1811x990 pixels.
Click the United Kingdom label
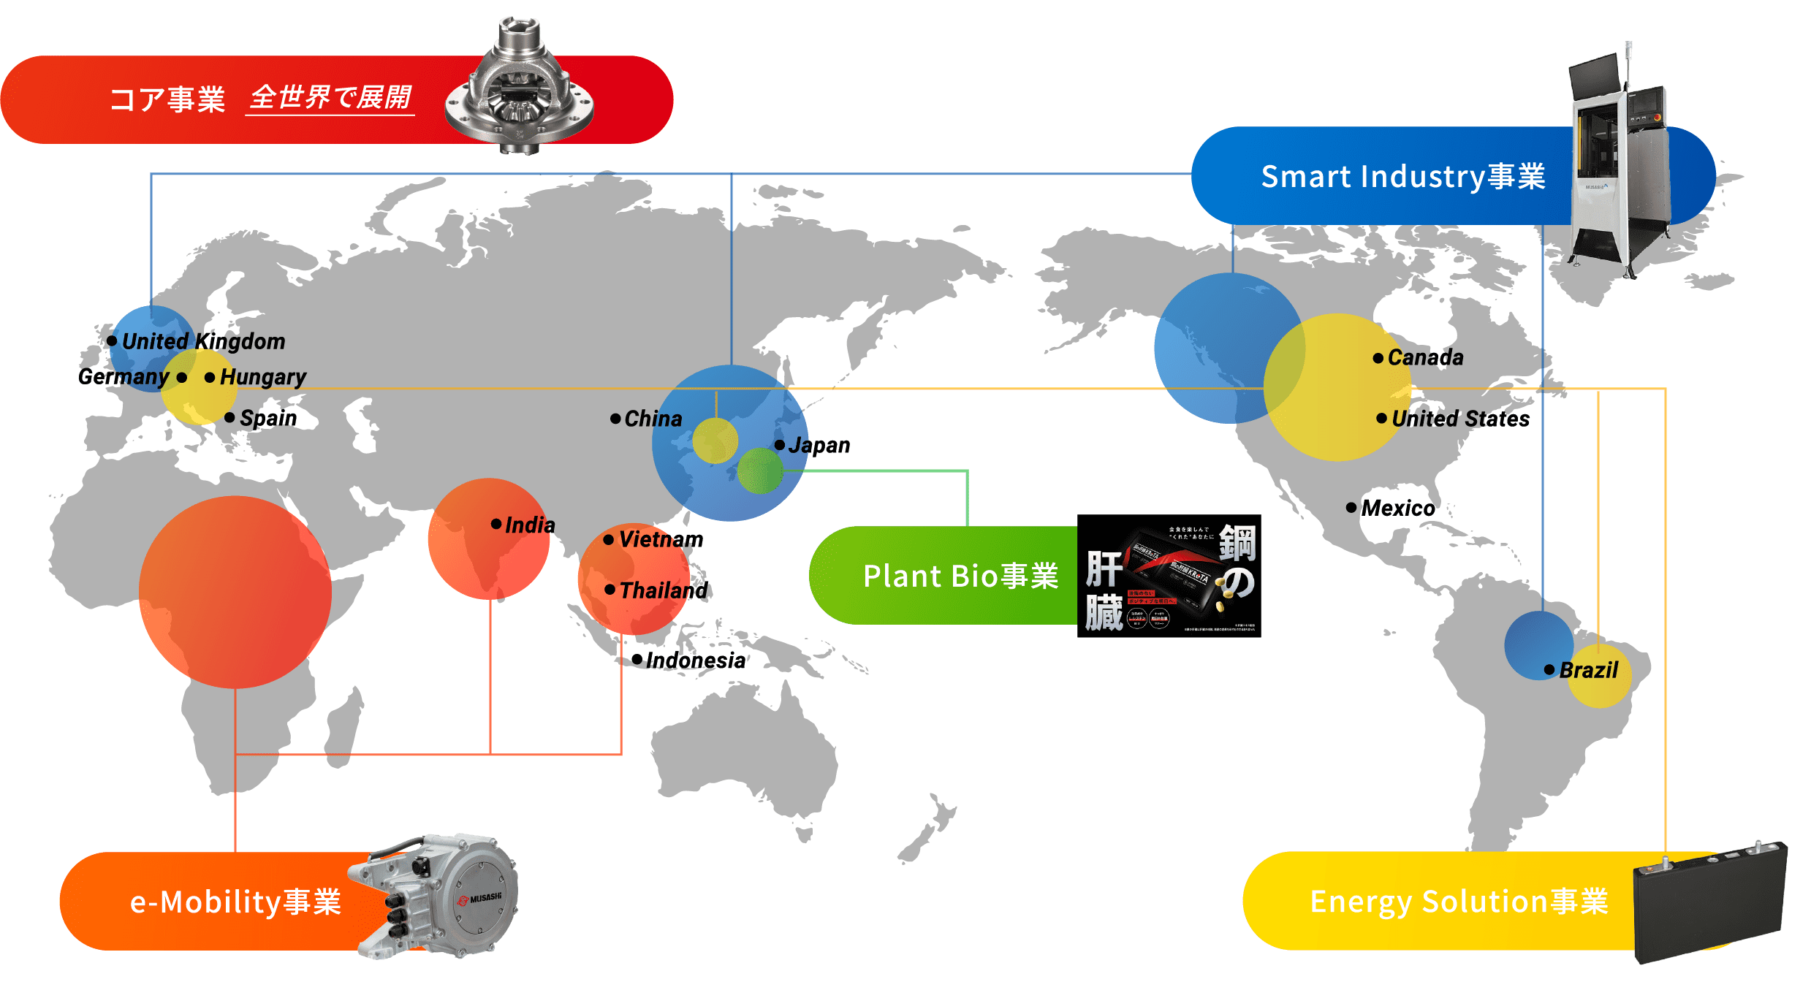(203, 341)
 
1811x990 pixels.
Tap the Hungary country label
(262, 377)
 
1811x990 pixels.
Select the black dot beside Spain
(229, 417)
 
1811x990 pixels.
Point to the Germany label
(124, 377)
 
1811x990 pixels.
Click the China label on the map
(653, 419)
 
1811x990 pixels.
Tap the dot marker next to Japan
(780, 445)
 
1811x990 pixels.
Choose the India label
(529, 525)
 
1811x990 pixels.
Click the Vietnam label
(661, 539)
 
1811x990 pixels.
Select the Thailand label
(663, 590)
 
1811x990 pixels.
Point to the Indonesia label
(695, 660)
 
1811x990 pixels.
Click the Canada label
(1425, 357)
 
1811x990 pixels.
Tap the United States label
(1459, 419)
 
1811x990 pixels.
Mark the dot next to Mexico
(1351, 507)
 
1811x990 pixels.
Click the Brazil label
(1588, 670)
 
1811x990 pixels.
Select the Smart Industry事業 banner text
(1402, 177)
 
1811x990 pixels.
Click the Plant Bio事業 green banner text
(960, 576)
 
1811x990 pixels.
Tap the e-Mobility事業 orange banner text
(235, 902)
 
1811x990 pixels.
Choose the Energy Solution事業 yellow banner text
(1459, 902)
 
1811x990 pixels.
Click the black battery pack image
(1710, 902)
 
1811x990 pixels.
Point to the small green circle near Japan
(760, 471)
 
